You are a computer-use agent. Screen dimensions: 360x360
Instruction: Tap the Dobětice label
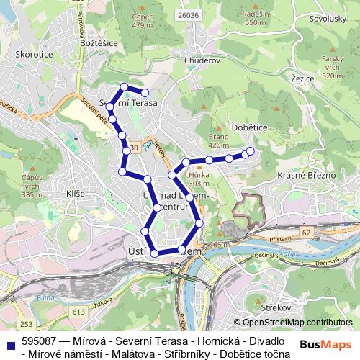(250, 127)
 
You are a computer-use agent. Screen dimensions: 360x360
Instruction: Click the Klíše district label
(76, 194)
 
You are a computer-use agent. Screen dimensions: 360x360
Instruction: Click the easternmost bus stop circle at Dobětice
(251, 150)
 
